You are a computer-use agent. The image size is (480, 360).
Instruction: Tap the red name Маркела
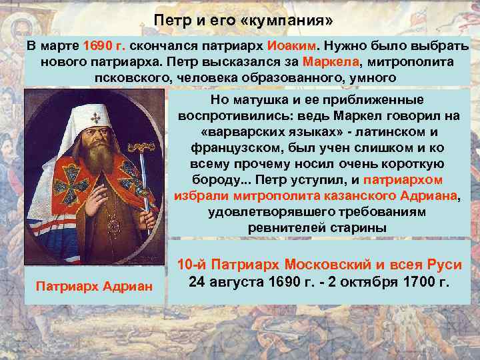(x=329, y=62)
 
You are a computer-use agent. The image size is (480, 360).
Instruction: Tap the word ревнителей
(x=279, y=228)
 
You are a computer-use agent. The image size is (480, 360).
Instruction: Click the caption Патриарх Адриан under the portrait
(x=94, y=286)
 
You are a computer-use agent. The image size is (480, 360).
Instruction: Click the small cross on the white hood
(x=96, y=119)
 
